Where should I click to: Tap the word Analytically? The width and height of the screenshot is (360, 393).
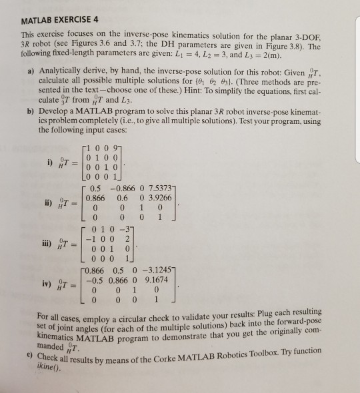point(58,69)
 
